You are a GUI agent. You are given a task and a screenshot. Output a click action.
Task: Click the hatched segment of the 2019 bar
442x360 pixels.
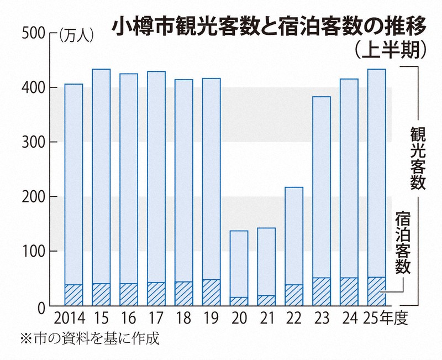coord(212,293)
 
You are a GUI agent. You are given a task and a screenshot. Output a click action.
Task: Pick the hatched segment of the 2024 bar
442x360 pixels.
coord(349,291)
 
